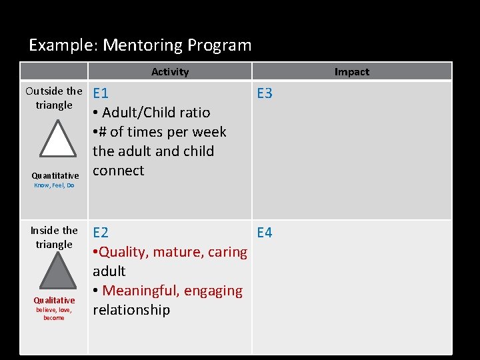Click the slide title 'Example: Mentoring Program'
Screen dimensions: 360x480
tap(140, 45)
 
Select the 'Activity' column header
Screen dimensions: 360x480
tap(169, 72)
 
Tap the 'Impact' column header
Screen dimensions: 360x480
tap(351, 72)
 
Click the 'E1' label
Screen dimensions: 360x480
tap(101, 93)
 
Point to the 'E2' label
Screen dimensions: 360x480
tap(101, 233)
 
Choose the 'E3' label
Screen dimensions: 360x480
tap(265, 93)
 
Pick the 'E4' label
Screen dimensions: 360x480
tap(265, 233)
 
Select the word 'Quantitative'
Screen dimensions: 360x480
tap(55, 176)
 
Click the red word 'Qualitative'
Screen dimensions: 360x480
tap(54, 301)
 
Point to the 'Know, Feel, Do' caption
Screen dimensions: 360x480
tap(54, 185)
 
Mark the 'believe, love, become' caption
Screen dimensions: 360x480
tap(54, 313)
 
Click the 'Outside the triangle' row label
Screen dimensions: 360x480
tap(54, 98)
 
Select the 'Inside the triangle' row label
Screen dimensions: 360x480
tap(54, 237)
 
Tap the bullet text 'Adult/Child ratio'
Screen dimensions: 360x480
tap(155, 113)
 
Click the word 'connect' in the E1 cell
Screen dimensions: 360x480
tap(118, 171)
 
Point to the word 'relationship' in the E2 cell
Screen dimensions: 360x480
tap(131, 310)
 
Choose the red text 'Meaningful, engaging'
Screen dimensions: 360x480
tap(172, 291)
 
